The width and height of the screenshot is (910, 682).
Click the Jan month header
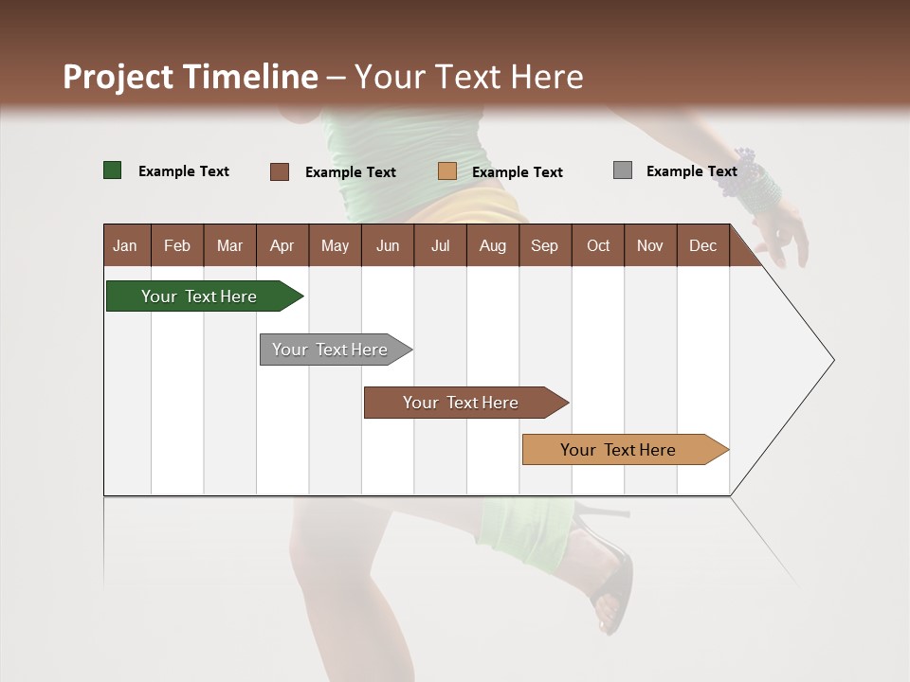125,245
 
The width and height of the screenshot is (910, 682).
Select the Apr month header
282,245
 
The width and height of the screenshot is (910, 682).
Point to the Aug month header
492,245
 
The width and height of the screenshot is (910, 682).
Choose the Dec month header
702,245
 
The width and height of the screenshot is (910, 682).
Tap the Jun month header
387,245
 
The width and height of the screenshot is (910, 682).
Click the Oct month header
597,245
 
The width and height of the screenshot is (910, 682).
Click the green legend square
113,170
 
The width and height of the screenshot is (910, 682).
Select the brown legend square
280,171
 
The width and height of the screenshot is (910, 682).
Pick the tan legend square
447,171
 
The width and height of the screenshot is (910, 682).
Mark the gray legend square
623,170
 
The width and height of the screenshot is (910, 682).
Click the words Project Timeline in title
191,77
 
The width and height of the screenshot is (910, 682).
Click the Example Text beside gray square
691,171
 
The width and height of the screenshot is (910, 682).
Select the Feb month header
177,245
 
